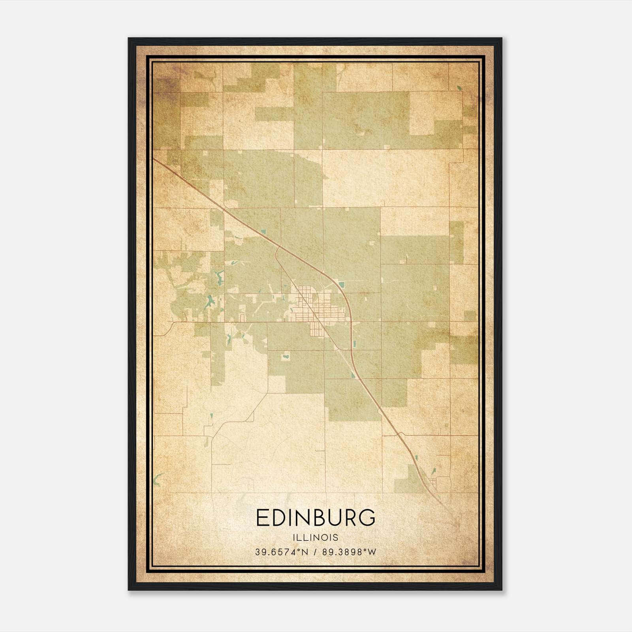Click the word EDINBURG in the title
tap(316, 518)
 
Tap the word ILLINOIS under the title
tap(316, 538)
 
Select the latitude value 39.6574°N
tap(281, 552)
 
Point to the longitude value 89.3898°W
tap(349, 552)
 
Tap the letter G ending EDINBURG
tap(367, 518)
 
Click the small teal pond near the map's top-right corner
tap(459, 88)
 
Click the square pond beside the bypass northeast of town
tap(341, 283)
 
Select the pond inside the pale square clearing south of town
tap(284, 357)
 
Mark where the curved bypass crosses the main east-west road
tap(351, 322)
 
